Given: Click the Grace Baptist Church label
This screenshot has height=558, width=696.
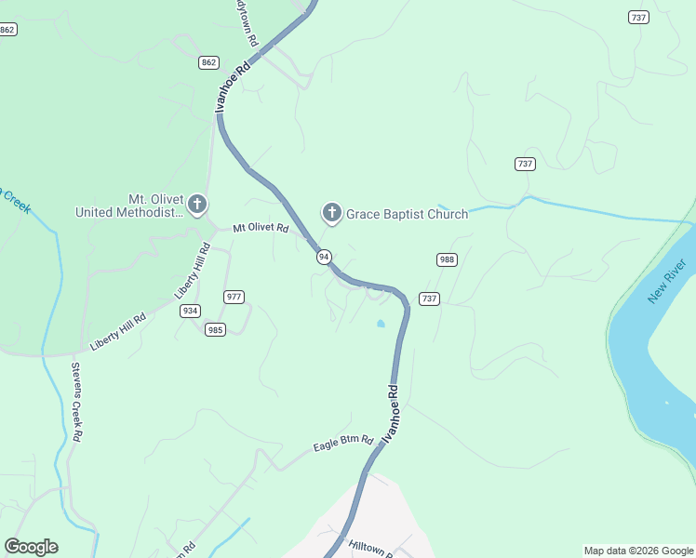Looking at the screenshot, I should click(x=408, y=215).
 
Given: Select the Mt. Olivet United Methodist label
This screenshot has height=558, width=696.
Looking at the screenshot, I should click(x=129, y=206).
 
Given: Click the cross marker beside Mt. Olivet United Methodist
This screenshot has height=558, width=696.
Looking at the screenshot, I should click(x=196, y=204).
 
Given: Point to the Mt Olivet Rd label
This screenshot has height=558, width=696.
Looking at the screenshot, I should click(x=261, y=228).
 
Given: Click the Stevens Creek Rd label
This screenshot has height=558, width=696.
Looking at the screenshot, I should click(x=76, y=401).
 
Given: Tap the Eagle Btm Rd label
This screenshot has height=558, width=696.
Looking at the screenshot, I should click(x=343, y=445).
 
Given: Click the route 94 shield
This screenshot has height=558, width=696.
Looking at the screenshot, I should click(x=324, y=257).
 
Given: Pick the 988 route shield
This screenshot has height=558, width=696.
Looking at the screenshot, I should click(x=447, y=259).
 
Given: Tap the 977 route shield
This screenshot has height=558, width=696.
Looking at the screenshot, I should click(x=234, y=297).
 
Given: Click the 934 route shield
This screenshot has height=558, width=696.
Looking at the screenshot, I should click(x=191, y=311).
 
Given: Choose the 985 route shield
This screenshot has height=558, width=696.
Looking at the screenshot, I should click(x=215, y=329).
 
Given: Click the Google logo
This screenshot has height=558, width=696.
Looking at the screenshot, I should click(x=31, y=547).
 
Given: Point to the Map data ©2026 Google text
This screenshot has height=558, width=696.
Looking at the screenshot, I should click(x=637, y=551).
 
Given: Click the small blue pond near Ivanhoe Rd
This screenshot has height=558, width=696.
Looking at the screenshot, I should click(x=380, y=324).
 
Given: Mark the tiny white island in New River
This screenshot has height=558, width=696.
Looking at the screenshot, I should click(x=667, y=403).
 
